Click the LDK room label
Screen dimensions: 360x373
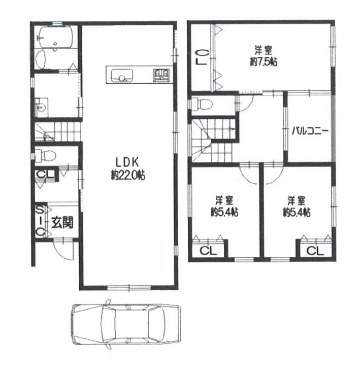pyautogui.click(x=127, y=162)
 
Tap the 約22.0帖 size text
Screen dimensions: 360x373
pyautogui.click(x=128, y=176)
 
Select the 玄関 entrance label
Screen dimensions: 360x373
pyautogui.click(x=62, y=223)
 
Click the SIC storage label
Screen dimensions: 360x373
pyautogui.click(x=41, y=221)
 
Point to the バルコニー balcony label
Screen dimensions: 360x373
pyautogui.click(x=310, y=130)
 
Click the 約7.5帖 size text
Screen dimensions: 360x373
pyautogui.click(x=264, y=62)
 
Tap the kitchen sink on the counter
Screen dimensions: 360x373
pyautogui.click(x=122, y=76)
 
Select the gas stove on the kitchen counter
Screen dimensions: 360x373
pyautogui.click(x=161, y=75)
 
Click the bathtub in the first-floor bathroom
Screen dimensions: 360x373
pyautogui.click(x=56, y=37)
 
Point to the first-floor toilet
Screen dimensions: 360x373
pyautogui.click(x=45, y=155)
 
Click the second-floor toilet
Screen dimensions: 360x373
pyautogui.click(x=202, y=104)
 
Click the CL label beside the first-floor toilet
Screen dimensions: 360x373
pyautogui.click(x=46, y=175)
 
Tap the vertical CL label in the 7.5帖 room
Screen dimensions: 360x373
pyautogui.click(x=201, y=57)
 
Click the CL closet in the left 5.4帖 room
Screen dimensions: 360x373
pyautogui.click(x=208, y=250)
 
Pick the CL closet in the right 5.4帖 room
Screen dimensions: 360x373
pyautogui.click(x=315, y=250)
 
